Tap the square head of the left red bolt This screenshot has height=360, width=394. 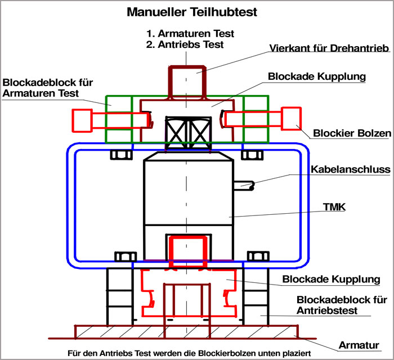(x=82, y=119)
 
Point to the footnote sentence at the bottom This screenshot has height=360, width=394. (x=195, y=354)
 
